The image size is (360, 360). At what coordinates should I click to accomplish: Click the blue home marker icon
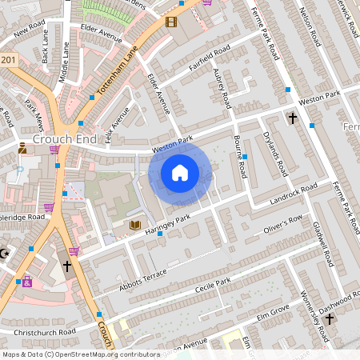(x=180, y=172)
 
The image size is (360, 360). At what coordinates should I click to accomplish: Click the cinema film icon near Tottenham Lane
(x=170, y=22)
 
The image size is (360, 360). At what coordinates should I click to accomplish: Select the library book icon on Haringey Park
(x=135, y=226)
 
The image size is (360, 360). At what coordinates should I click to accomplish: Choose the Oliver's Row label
(x=283, y=226)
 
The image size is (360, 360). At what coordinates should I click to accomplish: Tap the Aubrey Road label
(x=224, y=90)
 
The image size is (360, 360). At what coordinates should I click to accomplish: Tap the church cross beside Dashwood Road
(x=330, y=318)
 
